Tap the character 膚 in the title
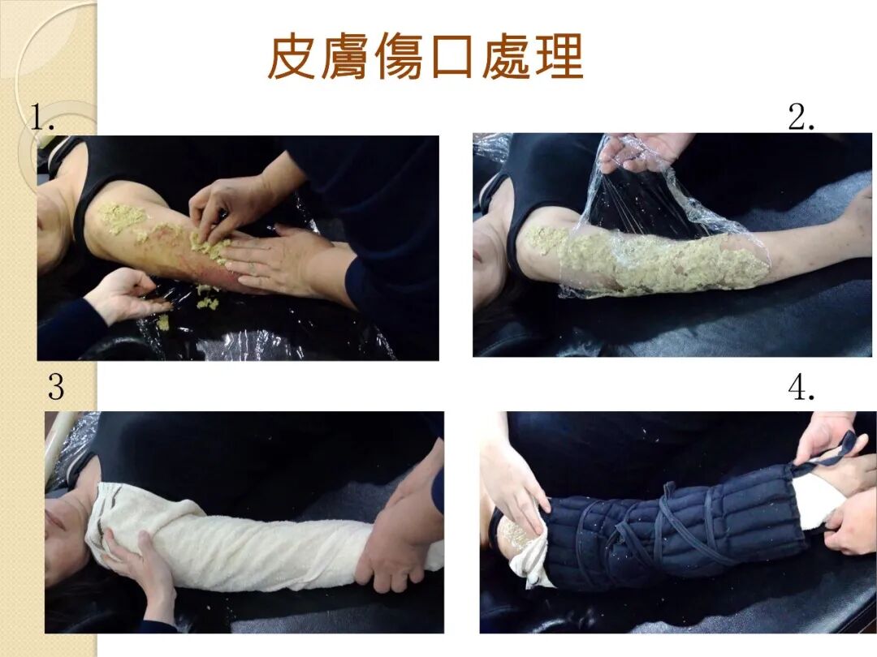(345, 58)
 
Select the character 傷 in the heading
(399, 58)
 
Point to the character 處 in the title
(506, 58)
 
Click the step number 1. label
(42, 117)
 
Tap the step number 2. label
(801, 117)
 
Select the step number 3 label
(56, 387)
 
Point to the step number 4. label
(801, 387)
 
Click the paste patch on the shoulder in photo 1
(123, 217)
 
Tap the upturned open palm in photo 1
(126, 294)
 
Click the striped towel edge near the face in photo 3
(109, 505)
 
